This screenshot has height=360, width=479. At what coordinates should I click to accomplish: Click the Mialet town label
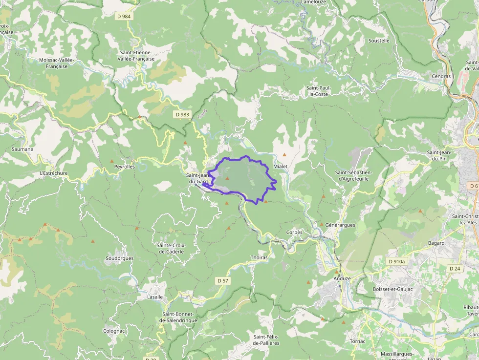point(281,167)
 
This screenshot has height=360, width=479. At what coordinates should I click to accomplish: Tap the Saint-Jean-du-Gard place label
point(197,179)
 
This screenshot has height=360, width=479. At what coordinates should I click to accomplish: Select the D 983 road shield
point(181,114)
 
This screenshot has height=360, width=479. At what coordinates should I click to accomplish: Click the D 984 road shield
point(124,16)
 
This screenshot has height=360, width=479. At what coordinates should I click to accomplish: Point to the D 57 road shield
point(222,280)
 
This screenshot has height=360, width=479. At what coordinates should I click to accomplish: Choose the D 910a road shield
point(397,261)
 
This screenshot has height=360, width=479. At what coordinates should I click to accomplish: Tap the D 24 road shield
point(455,268)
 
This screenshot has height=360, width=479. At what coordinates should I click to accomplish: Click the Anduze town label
point(342,278)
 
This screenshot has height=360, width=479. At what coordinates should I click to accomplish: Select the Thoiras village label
point(259,257)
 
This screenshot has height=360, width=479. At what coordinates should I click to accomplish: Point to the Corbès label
point(294,232)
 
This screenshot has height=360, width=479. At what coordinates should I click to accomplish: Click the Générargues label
point(340,225)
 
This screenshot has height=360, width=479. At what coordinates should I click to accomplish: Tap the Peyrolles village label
point(124,167)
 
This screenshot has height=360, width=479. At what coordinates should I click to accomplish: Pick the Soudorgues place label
point(119,258)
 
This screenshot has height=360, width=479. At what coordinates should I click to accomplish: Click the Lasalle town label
point(155,297)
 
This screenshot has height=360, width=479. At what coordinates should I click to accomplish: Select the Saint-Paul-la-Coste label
point(318,91)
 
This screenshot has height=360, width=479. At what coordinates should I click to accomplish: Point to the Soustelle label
point(379,41)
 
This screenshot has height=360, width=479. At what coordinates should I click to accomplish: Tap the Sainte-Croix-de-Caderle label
point(171,248)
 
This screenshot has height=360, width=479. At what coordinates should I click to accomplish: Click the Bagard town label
point(436,243)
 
